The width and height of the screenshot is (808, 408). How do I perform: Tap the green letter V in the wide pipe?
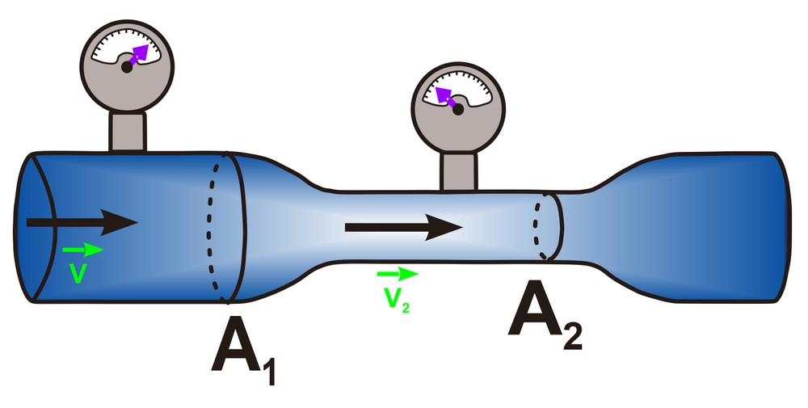tap(78, 273)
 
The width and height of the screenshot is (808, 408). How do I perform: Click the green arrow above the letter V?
tap(82, 250)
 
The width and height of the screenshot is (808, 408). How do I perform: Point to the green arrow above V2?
tap(397, 275)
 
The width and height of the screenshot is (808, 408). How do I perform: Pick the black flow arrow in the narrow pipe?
tap(403, 227)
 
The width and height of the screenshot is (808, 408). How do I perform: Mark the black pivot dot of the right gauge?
tap(458, 110)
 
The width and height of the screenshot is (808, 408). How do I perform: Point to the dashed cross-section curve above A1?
tap(214, 226)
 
